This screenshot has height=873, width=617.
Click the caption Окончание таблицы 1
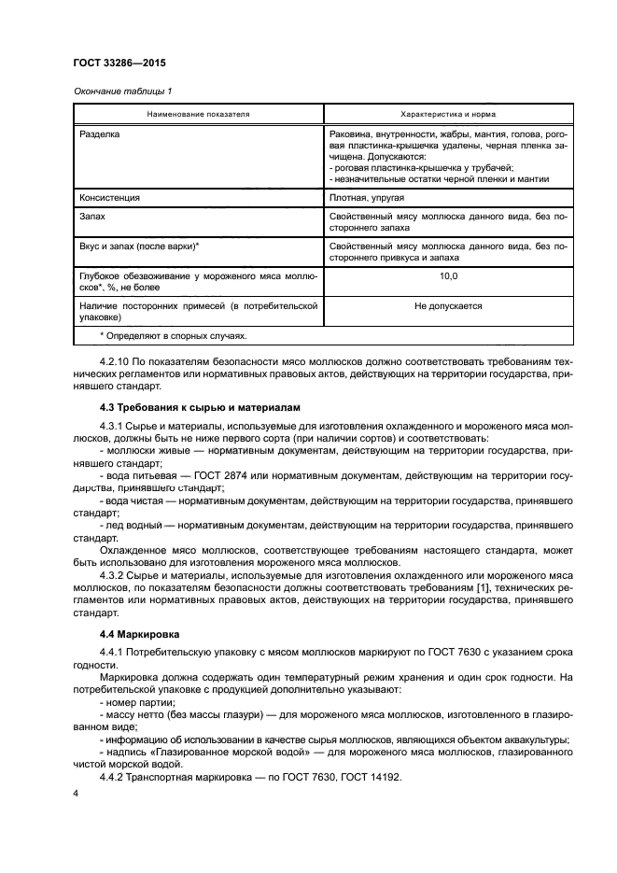pos(122,91)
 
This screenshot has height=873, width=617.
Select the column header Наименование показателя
pos(197,114)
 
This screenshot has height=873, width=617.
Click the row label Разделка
pos(102,134)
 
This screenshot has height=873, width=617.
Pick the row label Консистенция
pos(110,198)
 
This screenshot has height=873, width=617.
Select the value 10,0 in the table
pos(447,277)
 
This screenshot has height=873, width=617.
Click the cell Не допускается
pos(447,305)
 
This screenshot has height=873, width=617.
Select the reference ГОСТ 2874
pos(240,475)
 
